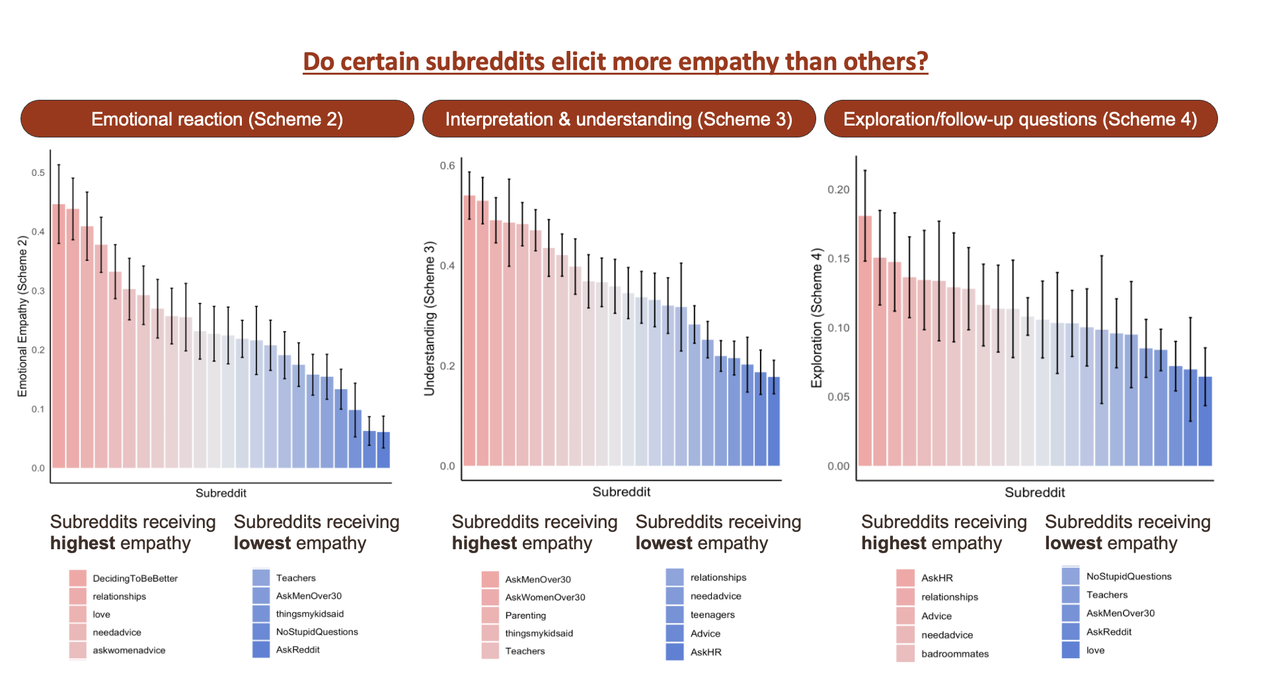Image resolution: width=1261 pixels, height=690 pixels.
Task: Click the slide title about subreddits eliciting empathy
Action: pos(615,61)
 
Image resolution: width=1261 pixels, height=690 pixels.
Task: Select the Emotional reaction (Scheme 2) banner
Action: pos(217,119)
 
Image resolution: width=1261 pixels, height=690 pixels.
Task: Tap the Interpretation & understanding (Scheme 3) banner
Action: pos(619,119)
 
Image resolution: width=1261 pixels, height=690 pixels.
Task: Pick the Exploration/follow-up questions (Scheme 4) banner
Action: pos(1020,119)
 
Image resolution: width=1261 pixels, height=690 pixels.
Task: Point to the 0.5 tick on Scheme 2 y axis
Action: pos(38,172)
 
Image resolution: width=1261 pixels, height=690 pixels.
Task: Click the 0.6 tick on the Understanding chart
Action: pos(447,165)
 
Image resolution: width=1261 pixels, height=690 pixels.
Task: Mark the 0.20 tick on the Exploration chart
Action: pos(838,190)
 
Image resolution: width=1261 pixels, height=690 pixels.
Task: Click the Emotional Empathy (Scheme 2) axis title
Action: pos(22,316)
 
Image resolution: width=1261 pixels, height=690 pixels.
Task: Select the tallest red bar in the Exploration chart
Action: pos(864,340)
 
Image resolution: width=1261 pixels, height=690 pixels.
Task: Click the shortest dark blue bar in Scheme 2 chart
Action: pos(383,450)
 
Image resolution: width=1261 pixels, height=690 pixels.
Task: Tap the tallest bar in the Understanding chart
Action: pos(469,330)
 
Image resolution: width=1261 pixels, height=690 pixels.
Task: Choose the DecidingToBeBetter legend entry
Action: pos(135,578)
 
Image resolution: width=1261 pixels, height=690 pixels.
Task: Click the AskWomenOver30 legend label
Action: pos(545,597)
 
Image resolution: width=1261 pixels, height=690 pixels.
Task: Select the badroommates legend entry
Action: pos(954,654)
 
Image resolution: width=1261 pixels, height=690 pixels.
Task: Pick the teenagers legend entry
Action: pos(712,615)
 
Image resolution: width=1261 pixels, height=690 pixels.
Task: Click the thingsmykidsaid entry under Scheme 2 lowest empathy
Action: pos(309,614)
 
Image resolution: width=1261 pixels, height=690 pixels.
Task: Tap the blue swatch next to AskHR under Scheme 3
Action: pos(674,652)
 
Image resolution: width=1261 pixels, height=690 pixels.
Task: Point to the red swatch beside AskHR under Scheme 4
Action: pos(905,578)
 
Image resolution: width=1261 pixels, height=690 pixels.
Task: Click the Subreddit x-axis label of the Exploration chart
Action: pos(1034,492)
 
